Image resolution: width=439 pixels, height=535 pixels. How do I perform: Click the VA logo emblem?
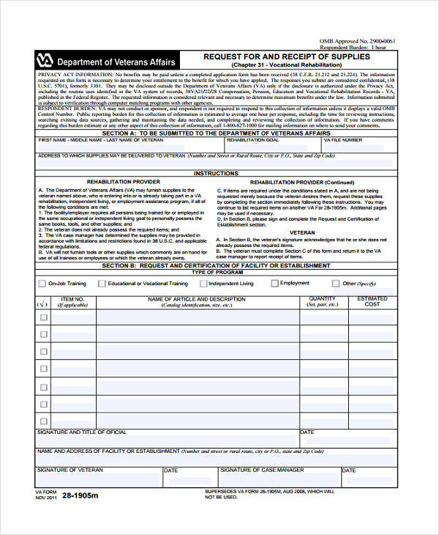(45, 62)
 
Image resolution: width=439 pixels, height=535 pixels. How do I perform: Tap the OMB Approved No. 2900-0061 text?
(358, 42)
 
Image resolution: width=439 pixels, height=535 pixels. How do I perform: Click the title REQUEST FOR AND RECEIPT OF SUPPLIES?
(287, 56)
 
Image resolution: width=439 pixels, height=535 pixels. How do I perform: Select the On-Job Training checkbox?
(42, 283)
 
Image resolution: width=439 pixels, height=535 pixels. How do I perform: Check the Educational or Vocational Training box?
(101, 283)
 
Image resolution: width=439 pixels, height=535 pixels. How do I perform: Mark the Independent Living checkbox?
(202, 283)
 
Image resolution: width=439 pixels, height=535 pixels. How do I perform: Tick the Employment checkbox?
(274, 283)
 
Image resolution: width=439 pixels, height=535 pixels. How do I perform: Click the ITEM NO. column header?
(73, 300)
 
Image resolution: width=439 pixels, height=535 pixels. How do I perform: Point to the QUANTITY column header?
(322, 299)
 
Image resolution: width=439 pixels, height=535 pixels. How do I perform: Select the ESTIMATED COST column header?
(372, 301)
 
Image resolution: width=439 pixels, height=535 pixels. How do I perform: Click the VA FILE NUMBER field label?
(342, 139)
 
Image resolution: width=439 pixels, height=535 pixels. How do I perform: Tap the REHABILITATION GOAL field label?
(252, 139)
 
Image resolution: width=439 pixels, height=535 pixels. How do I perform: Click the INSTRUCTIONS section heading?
(216, 174)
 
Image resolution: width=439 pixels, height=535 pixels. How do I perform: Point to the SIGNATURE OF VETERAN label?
(70, 470)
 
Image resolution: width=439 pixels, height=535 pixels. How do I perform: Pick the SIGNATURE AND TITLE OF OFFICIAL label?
(82, 432)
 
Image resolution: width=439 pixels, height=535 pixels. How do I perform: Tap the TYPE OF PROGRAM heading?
(216, 272)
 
